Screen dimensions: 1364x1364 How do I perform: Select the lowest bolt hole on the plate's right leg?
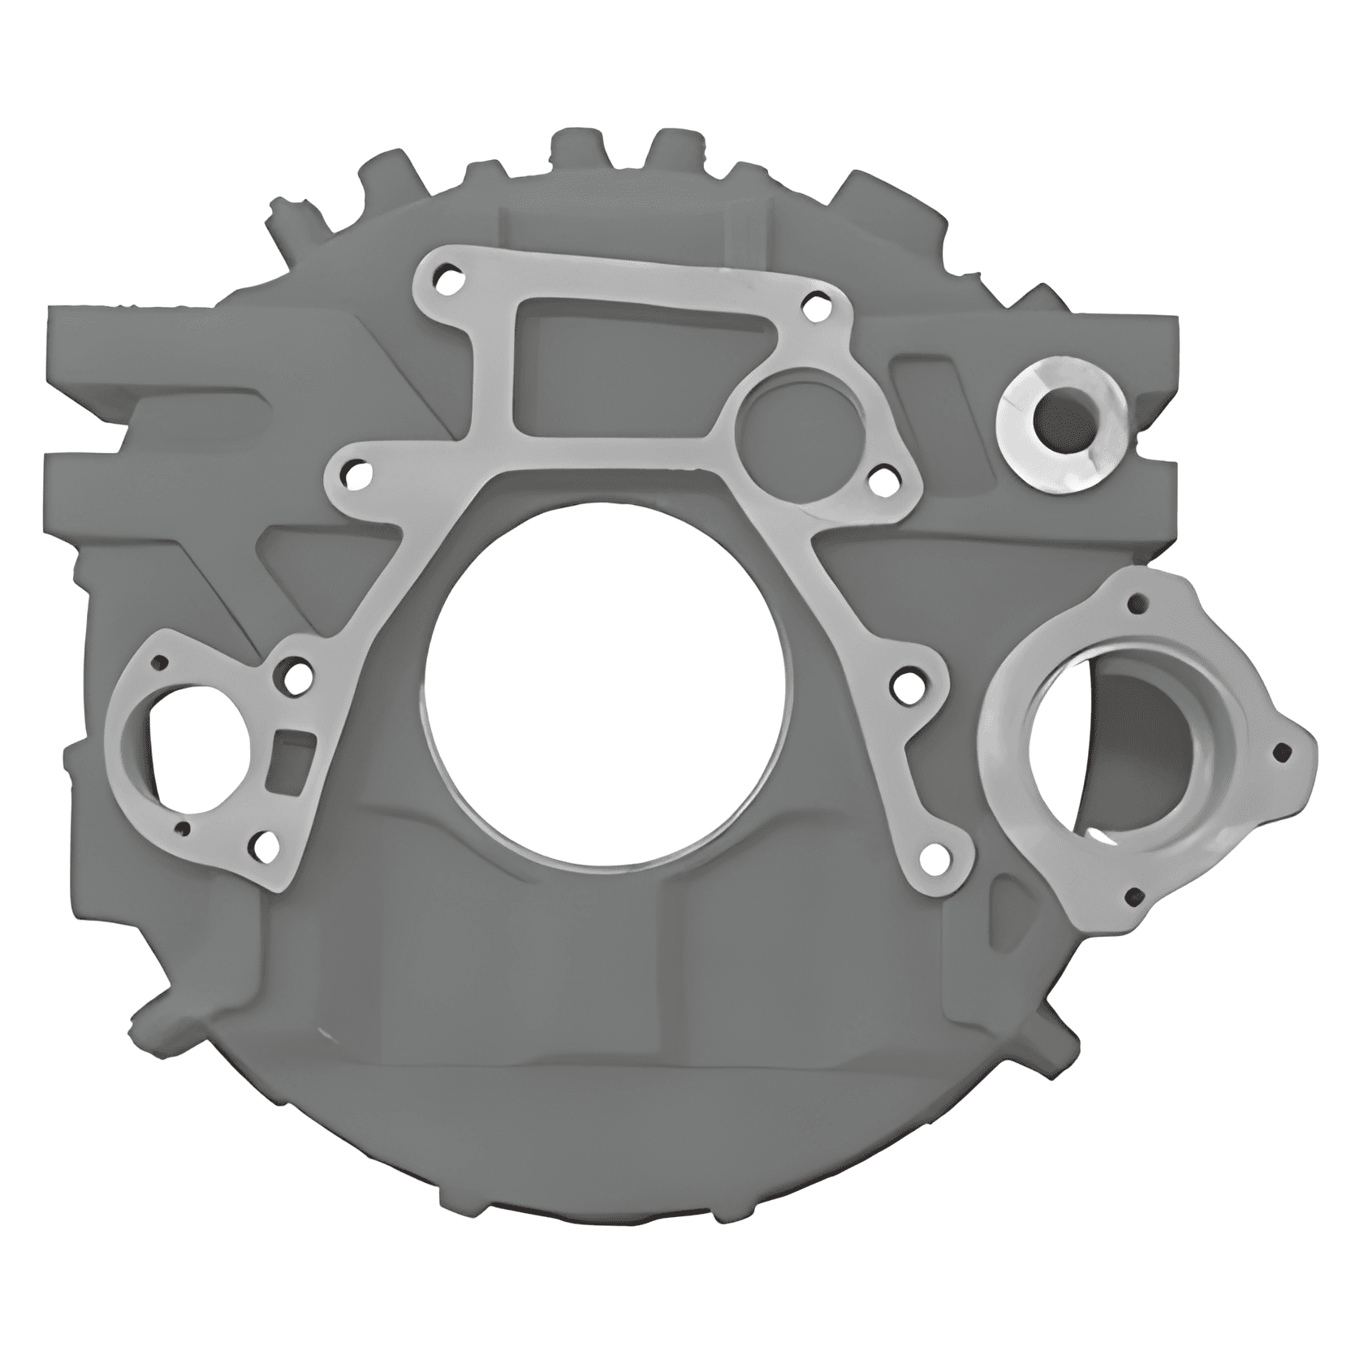click(x=935, y=853)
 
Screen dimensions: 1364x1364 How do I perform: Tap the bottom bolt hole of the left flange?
click(x=265, y=848)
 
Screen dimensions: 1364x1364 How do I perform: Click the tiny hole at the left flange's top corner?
click(x=160, y=662)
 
